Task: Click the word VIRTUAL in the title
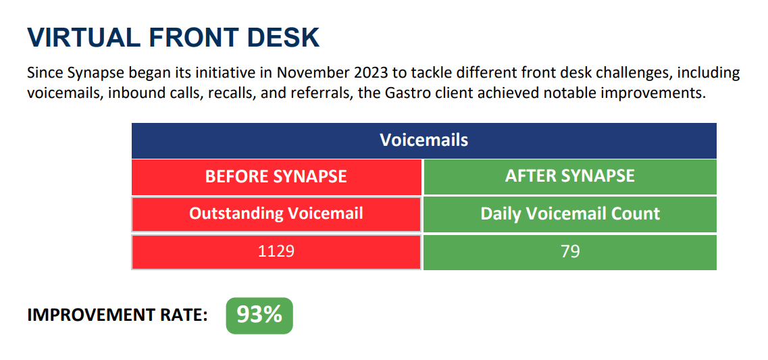click(82, 38)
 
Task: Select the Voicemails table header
click(424, 140)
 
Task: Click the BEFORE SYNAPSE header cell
click(276, 176)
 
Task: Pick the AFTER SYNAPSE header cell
click(570, 176)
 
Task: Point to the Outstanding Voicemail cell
click(276, 213)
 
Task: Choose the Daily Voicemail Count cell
click(570, 213)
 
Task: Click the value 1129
click(276, 252)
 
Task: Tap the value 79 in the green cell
click(571, 252)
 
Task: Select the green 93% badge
click(259, 315)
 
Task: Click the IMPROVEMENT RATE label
click(117, 316)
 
